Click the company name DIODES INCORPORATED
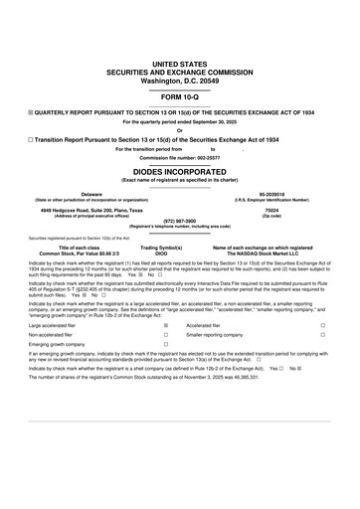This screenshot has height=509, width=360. point(179,170)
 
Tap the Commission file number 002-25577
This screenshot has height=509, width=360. point(179,157)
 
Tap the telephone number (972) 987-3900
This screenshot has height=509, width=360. point(180,223)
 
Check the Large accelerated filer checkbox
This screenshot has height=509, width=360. point(165,324)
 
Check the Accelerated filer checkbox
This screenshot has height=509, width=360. point(322,324)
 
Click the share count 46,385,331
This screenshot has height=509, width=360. point(245,378)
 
